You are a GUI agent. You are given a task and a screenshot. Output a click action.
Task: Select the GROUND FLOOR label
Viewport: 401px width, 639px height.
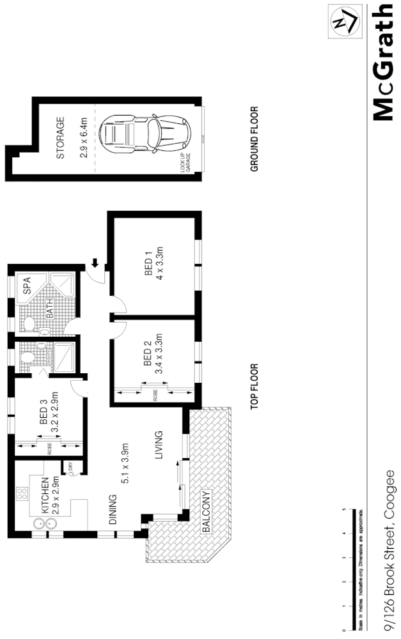(x=254, y=139)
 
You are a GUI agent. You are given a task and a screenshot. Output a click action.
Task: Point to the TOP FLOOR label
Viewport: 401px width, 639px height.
(x=254, y=386)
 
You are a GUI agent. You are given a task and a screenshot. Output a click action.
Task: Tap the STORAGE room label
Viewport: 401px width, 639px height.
(x=61, y=138)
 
